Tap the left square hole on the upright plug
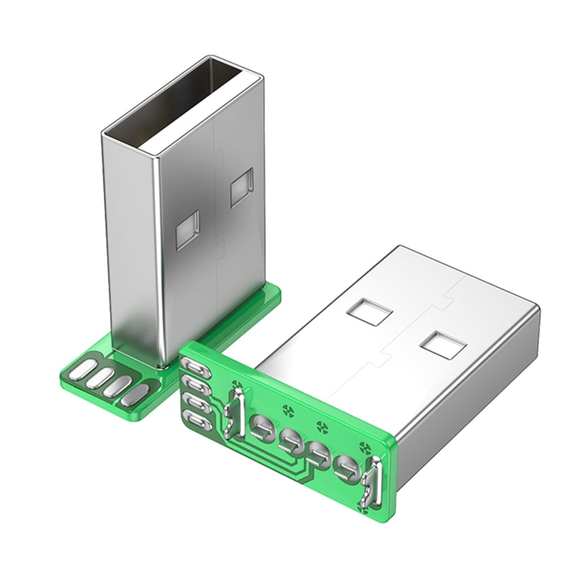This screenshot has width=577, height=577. (x=188, y=230)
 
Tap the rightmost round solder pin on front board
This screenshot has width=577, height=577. (x=347, y=468)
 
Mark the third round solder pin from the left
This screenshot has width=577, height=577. (x=318, y=452)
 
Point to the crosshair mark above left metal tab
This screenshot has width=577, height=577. (x=237, y=388)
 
